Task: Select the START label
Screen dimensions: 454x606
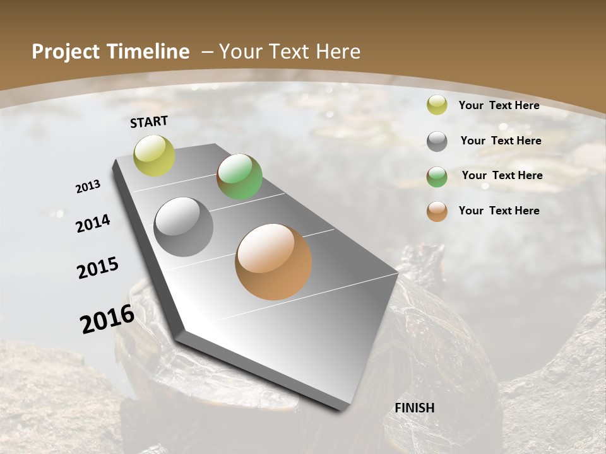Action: (x=149, y=122)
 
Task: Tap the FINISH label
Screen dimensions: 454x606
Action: (x=415, y=408)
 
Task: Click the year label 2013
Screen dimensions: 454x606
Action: (x=88, y=187)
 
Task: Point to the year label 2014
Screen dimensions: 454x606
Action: (x=93, y=224)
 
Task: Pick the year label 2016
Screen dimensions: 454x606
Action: (x=107, y=319)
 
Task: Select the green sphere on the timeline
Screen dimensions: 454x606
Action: (x=239, y=177)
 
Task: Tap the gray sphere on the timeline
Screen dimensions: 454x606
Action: (x=184, y=227)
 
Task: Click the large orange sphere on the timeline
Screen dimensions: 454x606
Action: (x=273, y=262)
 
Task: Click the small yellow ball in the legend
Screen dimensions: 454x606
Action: (x=437, y=105)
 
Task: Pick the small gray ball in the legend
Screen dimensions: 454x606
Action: (x=437, y=141)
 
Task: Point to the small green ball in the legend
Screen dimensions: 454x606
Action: (x=437, y=177)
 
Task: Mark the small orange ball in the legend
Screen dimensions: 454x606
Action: (x=437, y=211)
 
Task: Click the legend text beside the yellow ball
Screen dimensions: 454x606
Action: (x=499, y=105)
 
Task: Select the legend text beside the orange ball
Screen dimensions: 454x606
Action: (x=499, y=211)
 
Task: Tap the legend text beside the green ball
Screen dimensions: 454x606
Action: (x=502, y=175)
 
